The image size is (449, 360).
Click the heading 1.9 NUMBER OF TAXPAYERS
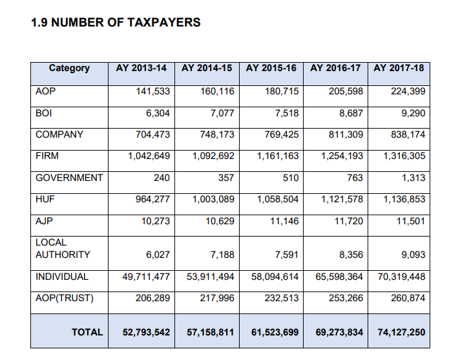click(x=116, y=23)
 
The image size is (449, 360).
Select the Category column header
click(x=69, y=68)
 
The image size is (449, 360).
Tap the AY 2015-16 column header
click(x=271, y=68)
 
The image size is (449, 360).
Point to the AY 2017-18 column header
click(x=399, y=68)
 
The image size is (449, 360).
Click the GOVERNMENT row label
click(x=69, y=178)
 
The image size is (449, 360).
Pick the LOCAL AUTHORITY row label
click(x=63, y=248)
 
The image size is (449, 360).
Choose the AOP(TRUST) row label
click(x=65, y=299)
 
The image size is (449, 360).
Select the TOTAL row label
click(x=87, y=332)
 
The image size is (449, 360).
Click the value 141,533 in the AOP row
click(x=153, y=91)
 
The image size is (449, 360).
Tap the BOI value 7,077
click(x=222, y=113)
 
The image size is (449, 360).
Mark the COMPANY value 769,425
click(x=282, y=134)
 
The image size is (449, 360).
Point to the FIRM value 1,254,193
click(x=342, y=156)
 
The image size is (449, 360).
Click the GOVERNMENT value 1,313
click(x=413, y=178)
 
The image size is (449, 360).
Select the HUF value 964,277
click(x=153, y=199)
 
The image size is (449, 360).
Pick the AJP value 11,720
click(x=349, y=221)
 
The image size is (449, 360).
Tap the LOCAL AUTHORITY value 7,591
click(x=287, y=255)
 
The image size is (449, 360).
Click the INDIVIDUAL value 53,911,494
click(x=211, y=277)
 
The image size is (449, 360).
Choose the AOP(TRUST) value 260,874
click(x=408, y=298)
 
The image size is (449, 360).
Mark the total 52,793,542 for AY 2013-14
click(x=146, y=332)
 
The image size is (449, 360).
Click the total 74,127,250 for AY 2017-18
click(x=401, y=332)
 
